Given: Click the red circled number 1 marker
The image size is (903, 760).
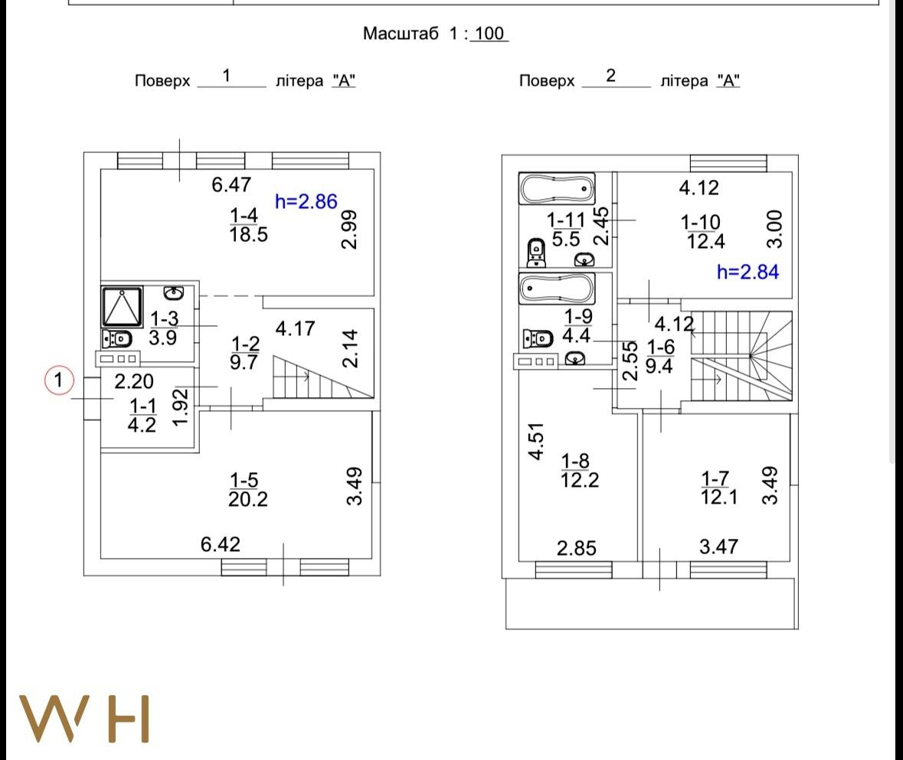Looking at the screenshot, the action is click(59, 380).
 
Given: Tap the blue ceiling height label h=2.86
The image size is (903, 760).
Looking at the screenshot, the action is click(306, 201).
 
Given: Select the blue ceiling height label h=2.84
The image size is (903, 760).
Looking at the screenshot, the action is click(748, 272).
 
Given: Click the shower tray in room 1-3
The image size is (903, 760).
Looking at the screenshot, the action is click(122, 306).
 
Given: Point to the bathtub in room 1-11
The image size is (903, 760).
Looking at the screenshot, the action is click(557, 188).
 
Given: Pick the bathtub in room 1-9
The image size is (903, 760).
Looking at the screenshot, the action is click(557, 289).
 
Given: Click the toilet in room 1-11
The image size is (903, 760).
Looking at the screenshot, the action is click(536, 253).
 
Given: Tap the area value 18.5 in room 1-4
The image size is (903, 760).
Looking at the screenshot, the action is click(249, 234).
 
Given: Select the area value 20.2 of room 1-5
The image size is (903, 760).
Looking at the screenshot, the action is click(248, 499).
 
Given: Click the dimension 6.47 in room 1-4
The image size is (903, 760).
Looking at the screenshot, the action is click(231, 184).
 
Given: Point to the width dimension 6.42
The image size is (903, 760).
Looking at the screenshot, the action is click(221, 544).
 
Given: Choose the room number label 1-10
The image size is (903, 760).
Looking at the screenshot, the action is click(700, 222).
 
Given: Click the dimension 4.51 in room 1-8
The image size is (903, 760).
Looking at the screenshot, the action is click(536, 442).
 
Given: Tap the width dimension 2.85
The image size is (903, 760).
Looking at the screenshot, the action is click(577, 548).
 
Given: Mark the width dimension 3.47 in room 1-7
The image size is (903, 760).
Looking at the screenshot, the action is click(718, 546).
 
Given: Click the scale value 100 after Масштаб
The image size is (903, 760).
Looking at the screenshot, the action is click(489, 34).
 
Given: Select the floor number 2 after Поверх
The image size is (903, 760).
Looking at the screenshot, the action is click(611, 75).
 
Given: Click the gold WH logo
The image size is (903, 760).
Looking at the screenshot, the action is click(85, 719).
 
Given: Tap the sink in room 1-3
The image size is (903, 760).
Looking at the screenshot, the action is click(173, 293).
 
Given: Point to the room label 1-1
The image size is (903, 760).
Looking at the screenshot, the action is click(142, 406).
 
